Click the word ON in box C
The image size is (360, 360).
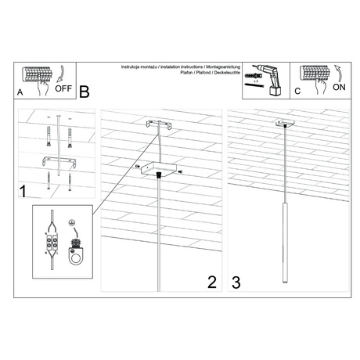click(x=339, y=88)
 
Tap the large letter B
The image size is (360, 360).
click(x=85, y=91)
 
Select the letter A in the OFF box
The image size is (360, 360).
click(x=20, y=92)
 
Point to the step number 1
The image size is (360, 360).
click(x=24, y=191)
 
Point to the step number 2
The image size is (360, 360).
click(x=211, y=281)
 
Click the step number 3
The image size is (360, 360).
click(x=235, y=281)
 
